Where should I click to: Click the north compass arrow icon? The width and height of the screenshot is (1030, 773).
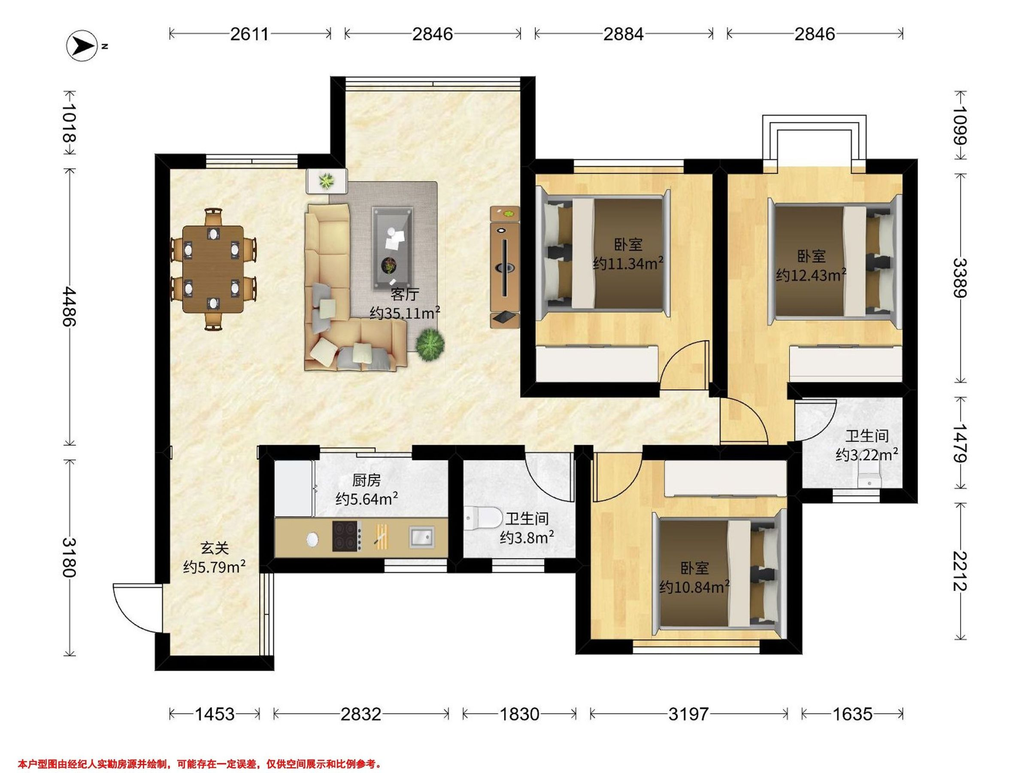click(x=83, y=46)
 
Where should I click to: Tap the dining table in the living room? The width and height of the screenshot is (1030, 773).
click(x=213, y=269)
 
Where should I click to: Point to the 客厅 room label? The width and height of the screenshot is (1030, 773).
click(x=405, y=295)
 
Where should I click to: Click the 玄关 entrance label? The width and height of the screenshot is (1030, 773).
click(x=215, y=548)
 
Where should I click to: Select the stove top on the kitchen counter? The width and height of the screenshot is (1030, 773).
click(x=346, y=536)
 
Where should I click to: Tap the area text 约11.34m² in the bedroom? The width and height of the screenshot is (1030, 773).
click(x=628, y=264)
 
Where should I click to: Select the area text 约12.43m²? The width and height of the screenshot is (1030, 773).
click(x=811, y=275)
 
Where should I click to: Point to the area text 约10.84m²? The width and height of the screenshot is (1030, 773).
click(x=694, y=587)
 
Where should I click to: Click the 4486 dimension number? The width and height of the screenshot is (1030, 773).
click(x=69, y=306)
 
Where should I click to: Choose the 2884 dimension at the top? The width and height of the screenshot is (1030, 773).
click(x=624, y=34)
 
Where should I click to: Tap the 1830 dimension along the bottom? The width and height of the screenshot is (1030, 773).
click(x=519, y=714)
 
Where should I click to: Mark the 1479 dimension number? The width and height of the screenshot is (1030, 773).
click(x=960, y=443)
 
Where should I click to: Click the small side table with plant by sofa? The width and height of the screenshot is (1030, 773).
click(x=327, y=181)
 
